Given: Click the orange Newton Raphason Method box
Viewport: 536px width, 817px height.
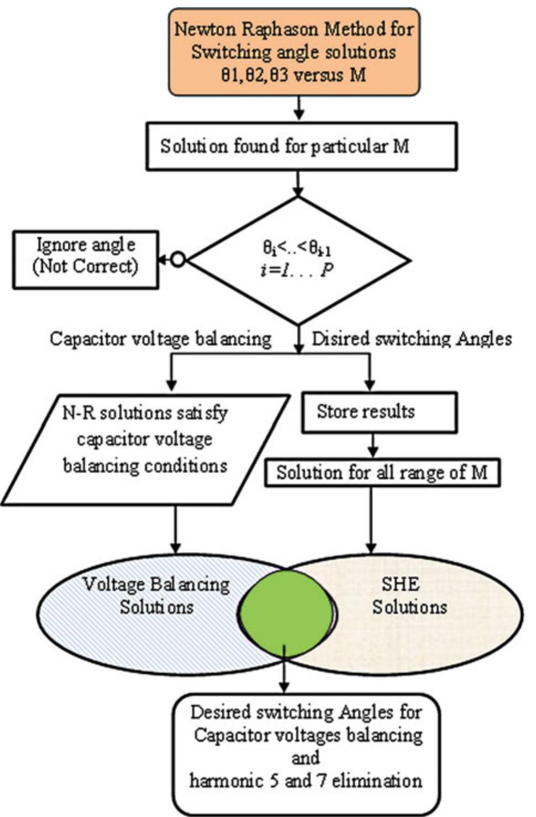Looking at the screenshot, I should pyautogui.click(x=294, y=51).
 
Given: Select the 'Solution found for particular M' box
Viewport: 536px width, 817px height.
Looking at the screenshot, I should pyautogui.click(x=301, y=147).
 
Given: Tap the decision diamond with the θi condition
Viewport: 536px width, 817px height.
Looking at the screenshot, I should pyautogui.click(x=298, y=260).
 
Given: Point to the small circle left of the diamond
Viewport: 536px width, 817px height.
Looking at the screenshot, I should pyautogui.click(x=178, y=259).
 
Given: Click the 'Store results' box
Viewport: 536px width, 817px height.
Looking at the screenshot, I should pyautogui.click(x=379, y=412).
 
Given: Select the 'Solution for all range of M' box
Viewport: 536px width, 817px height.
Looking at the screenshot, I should pyautogui.click(x=382, y=473).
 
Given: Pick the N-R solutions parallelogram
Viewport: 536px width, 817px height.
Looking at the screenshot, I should pyautogui.click(x=145, y=449).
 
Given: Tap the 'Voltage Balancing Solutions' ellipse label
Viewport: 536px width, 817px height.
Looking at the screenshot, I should pyautogui.click(x=156, y=596).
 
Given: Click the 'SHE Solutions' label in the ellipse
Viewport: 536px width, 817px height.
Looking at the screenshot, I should pyautogui.click(x=409, y=596).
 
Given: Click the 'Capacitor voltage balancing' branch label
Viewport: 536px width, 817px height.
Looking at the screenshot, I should pyautogui.click(x=160, y=339).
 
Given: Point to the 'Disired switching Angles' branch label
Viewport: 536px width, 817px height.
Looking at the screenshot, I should pyautogui.click(x=412, y=339).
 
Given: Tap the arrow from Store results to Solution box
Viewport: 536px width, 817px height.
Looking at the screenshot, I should pyautogui.click(x=373, y=445).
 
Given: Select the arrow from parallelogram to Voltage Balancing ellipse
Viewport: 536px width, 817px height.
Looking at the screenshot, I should pyautogui.click(x=175, y=528).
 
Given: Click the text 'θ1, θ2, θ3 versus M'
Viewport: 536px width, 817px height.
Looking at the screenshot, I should pyautogui.click(x=293, y=75).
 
